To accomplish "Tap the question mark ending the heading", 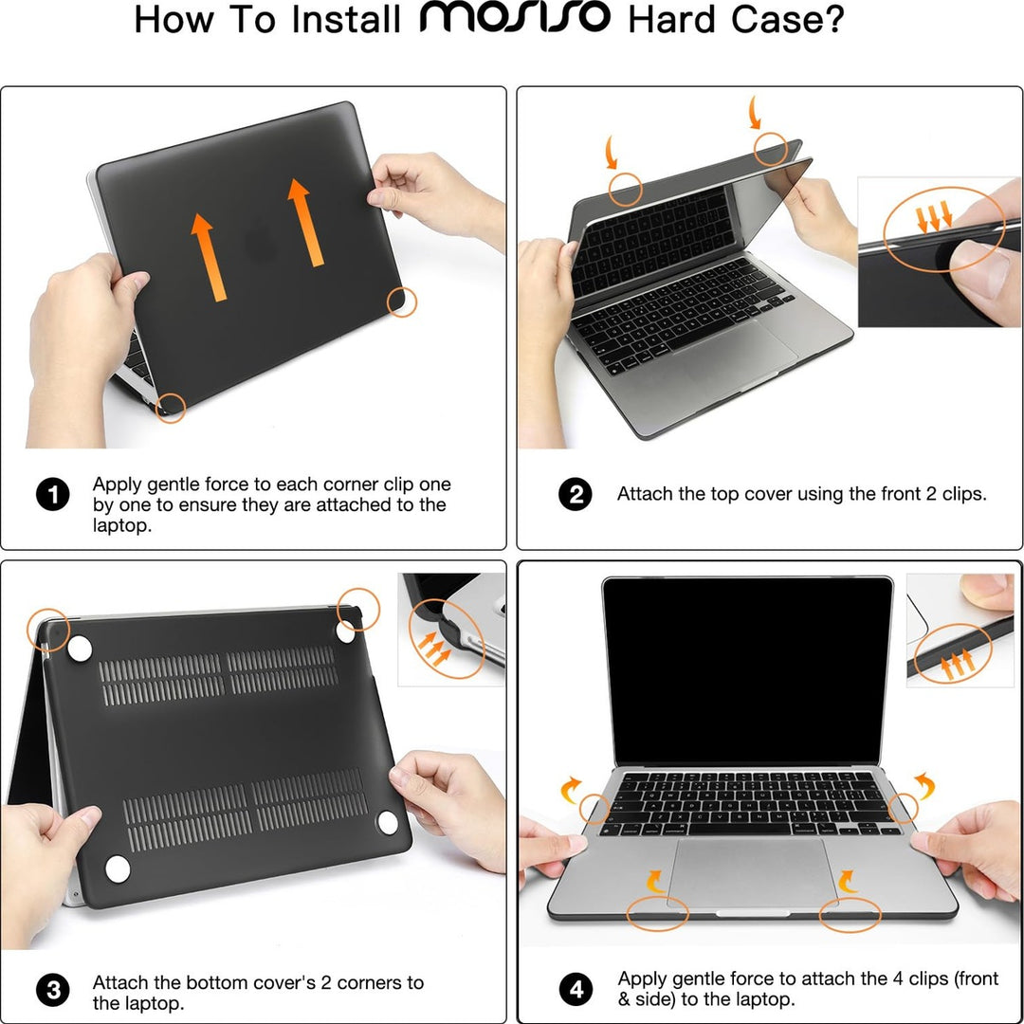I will click(x=832, y=19).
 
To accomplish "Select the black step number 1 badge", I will click(x=53, y=495).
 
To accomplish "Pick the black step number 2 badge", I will click(x=575, y=495).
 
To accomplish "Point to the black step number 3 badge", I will click(x=53, y=992).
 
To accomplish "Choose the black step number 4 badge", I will click(x=575, y=992).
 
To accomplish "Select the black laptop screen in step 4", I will click(x=748, y=669).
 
